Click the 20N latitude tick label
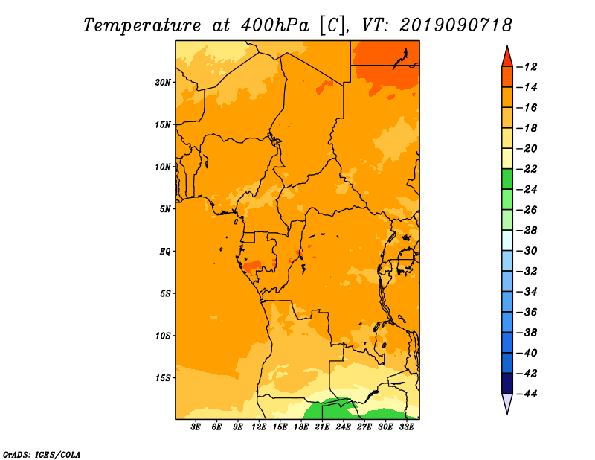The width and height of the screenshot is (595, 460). click(x=163, y=83)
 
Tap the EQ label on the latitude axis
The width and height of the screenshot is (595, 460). click(x=165, y=252)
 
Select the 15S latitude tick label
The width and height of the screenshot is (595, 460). click(x=163, y=378)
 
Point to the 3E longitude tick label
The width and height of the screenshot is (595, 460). click(x=196, y=427)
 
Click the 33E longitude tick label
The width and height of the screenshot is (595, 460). click(x=406, y=427)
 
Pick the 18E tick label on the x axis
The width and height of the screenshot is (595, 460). click(x=301, y=427)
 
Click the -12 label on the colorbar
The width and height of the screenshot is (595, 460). click(x=527, y=67)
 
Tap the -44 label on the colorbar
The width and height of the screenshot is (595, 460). click(x=527, y=394)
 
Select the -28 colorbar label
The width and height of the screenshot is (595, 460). click(x=527, y=231)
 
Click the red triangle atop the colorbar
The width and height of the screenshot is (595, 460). click(x=507, y=57)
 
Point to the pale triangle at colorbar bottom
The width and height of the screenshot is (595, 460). click(x=507, y=403)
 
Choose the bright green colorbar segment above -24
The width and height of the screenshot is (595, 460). click(x=507, y=179)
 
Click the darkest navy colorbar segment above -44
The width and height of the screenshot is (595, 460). click(x=507, y=383)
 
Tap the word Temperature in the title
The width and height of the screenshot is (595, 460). click(x=142, y=25)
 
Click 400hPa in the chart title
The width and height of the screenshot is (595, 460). click(x=275, y=25)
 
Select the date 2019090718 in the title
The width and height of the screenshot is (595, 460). click(x=456, y=25)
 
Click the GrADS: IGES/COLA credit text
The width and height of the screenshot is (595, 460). click(x=42, y=455)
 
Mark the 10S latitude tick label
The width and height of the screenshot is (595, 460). click(x=163, y=336)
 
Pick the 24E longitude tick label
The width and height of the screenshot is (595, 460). click(x=343, y=427)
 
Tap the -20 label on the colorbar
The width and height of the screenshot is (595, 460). click(x=527, y=149)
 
